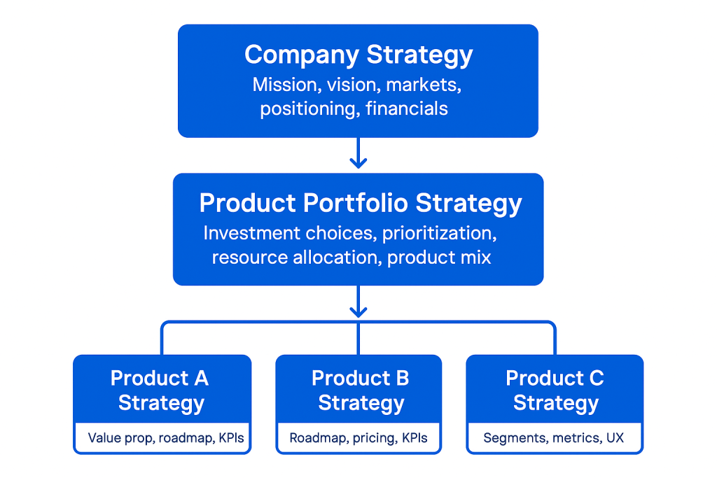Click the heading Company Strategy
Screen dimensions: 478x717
click(x=358, y=55)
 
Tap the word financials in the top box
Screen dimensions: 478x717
click(x=407, y=108)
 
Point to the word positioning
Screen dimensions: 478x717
click(x=309, y=108)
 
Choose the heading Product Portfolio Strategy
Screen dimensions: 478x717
click(x=361, y=203)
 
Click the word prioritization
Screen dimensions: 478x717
click(x=439, y=233)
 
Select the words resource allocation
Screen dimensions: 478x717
click(x=296, y=257)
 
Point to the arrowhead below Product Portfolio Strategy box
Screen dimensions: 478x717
click(x=358, y=309)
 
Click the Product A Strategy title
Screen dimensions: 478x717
click(x=160, y=391)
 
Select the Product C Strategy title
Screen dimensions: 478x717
click(x=555, y=391)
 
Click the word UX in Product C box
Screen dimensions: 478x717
click(x=614, y=439)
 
